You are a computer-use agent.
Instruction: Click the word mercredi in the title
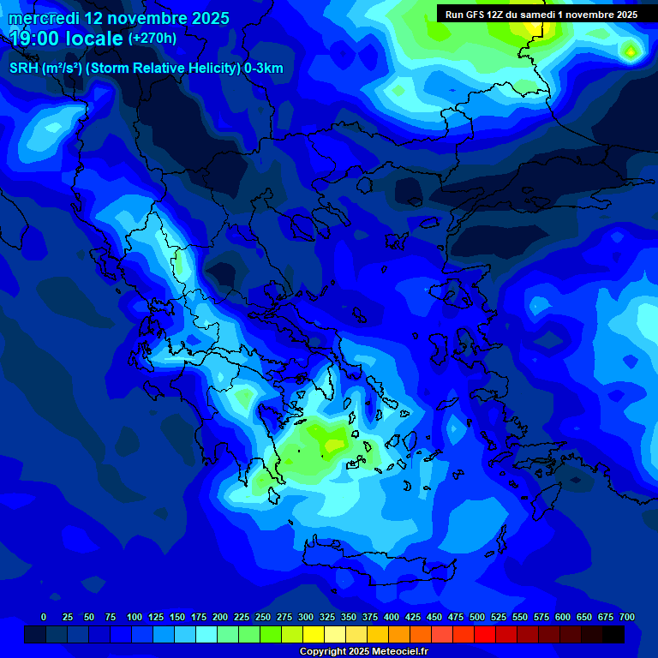click(43, 18)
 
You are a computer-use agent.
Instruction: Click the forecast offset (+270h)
click(153, 39)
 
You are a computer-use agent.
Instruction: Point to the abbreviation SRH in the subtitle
click(23, 69)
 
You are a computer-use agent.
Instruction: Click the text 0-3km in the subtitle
click(263, 69)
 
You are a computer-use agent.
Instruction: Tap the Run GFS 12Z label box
click(541, 15)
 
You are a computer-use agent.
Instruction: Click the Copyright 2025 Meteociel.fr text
click(364, 652)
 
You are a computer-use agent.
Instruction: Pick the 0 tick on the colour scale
click(44, 617)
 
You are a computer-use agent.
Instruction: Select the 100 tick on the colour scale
click(135, 617)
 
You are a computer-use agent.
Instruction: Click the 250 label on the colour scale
click(263, 617)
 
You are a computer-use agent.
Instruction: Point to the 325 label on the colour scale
click(327, 617)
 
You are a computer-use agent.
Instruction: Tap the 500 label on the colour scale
click(477, 617)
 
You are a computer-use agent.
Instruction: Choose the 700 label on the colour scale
click(627, 617)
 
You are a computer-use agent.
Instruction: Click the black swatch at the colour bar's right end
click(613, 634)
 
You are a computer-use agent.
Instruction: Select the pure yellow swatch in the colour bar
click(314, 634)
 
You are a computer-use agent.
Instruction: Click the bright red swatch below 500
click(485, 634)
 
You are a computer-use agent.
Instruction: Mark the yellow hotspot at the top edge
click(534, 27)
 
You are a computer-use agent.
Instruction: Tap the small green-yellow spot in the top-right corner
click(631, 52)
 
